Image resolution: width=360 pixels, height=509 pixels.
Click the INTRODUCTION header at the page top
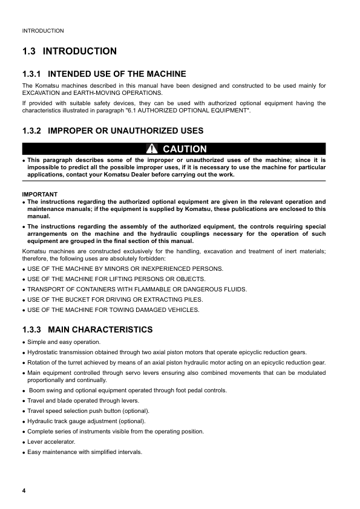pos(43,30)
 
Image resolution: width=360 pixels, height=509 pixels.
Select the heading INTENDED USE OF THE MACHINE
pos(117,74)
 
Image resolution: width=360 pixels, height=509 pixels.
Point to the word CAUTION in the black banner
pos(185,149)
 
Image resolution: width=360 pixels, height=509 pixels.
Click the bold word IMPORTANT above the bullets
pos(39,194)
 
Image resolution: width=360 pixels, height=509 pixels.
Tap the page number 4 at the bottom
pos(24,489)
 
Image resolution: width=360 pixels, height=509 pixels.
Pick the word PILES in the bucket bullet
pos(192,300)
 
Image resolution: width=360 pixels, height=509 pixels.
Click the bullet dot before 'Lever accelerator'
pos(24,443)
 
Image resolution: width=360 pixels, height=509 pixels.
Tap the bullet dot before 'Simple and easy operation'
pos(24,343)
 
